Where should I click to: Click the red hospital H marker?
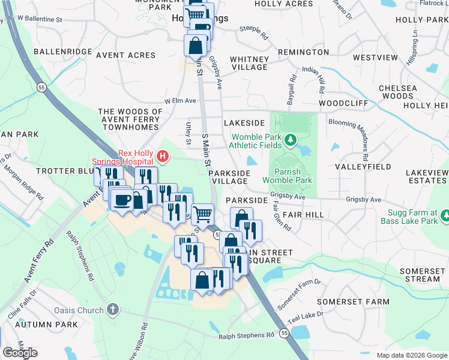point(162,157)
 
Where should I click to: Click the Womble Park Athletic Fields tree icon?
point(291,140)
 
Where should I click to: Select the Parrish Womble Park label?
point(288,176)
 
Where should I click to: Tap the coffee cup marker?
point(122,200)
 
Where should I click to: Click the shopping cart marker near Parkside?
point(203,213)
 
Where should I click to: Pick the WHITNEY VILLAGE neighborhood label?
point(249,63)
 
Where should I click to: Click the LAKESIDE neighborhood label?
point(244,122)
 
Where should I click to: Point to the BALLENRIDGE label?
point(62,52)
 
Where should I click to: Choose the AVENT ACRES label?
point(125,55)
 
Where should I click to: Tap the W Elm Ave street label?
point(181,101)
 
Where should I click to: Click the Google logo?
point(20,353)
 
